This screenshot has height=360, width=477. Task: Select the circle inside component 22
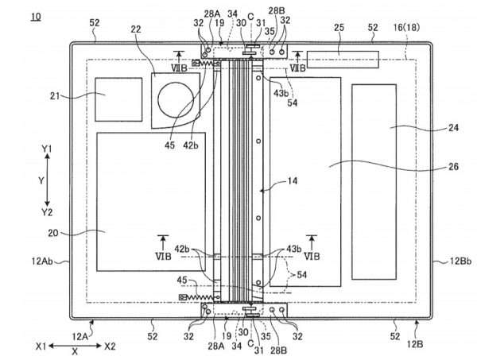click(x=176, y=101)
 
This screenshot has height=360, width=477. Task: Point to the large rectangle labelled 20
click(x=151, y=203)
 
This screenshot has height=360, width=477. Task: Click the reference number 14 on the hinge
click(x=293, y=182)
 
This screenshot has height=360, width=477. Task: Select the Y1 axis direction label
click(x=48, y=149)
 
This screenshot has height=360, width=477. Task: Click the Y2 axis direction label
click(x=48, y=211)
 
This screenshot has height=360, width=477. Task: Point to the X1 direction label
click(x=42, y=346)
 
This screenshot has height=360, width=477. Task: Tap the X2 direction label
click(x=110, y=346)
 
